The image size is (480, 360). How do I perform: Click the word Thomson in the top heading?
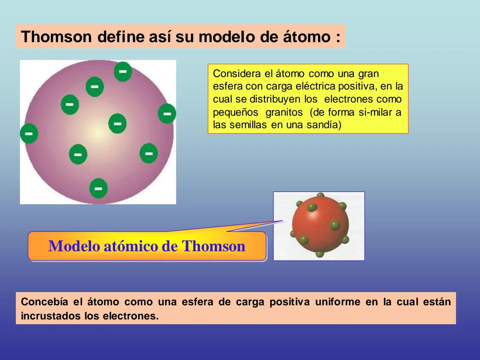coord(56,37)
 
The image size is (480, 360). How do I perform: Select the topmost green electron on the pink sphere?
coord(123,72)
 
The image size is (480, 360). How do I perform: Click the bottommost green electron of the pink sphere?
coord(98,188)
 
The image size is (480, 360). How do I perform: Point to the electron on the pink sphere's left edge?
coord(29,133)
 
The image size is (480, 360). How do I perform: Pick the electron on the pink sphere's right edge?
coord(167,113)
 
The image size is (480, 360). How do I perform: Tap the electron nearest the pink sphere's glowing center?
coord(117,123)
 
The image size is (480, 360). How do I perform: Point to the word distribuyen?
coord(275,99)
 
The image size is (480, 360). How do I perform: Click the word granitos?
coord(284,112)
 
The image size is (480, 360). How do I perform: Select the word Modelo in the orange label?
coord(74,246)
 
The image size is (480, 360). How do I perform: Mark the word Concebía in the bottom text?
coord(44,302)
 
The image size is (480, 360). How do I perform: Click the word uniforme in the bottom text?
coord(338,302)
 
